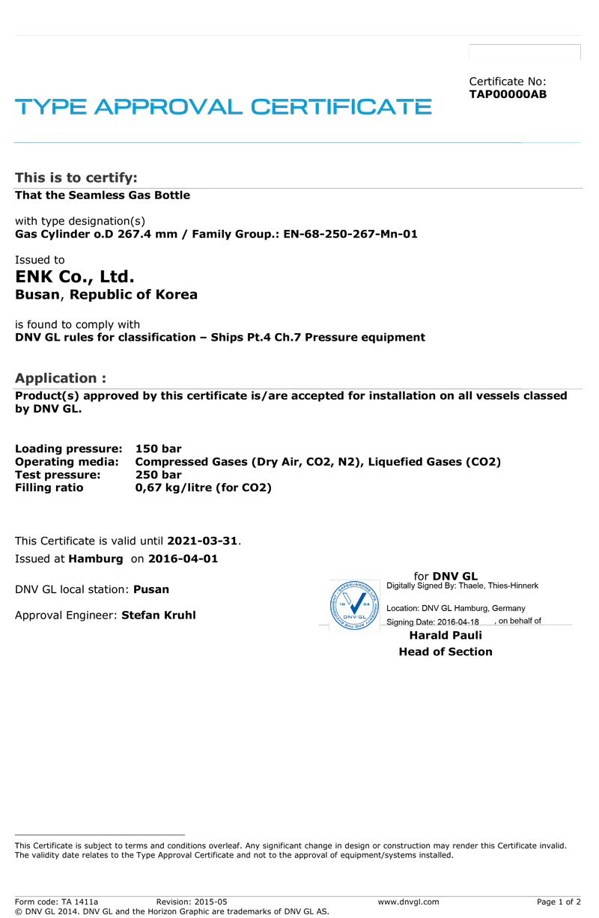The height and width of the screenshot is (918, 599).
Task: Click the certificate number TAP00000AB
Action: tap(508, 94)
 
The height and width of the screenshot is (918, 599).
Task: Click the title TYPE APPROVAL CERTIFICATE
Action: tap(223, 106)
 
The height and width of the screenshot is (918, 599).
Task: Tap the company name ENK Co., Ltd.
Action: tap(75, 277)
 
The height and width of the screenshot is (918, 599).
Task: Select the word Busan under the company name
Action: tap(37, 294)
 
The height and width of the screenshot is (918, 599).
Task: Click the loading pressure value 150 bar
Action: tap(158, 449)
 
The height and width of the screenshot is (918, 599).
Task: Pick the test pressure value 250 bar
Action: tap(158, 475)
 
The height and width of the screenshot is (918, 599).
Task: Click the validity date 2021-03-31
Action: tap(202, 541)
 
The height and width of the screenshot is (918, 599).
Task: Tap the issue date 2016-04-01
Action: tap(183, 559)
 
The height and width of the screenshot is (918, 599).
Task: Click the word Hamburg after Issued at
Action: tap(96, 559)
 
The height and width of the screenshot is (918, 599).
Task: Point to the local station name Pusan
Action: tap(151, 589)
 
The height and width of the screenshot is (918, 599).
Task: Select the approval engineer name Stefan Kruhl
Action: tap(159, 615)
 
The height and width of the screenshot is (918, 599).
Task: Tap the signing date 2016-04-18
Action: tap(457, 622)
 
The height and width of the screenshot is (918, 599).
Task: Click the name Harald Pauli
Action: tap(446, 635)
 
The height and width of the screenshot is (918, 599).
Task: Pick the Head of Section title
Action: tap(446, 651)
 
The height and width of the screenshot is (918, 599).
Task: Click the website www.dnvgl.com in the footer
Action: tap(408, 902)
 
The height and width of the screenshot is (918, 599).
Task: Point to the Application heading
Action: tap(61, 378)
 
